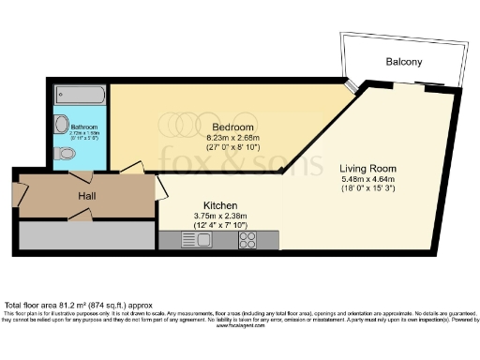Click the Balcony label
[403, 62]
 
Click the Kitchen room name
[220, 204]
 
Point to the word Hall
[90, 195]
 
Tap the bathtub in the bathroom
[82, 94]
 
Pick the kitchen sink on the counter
[200, 240]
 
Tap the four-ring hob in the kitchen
[248, 240]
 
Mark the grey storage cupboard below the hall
[84, 234]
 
